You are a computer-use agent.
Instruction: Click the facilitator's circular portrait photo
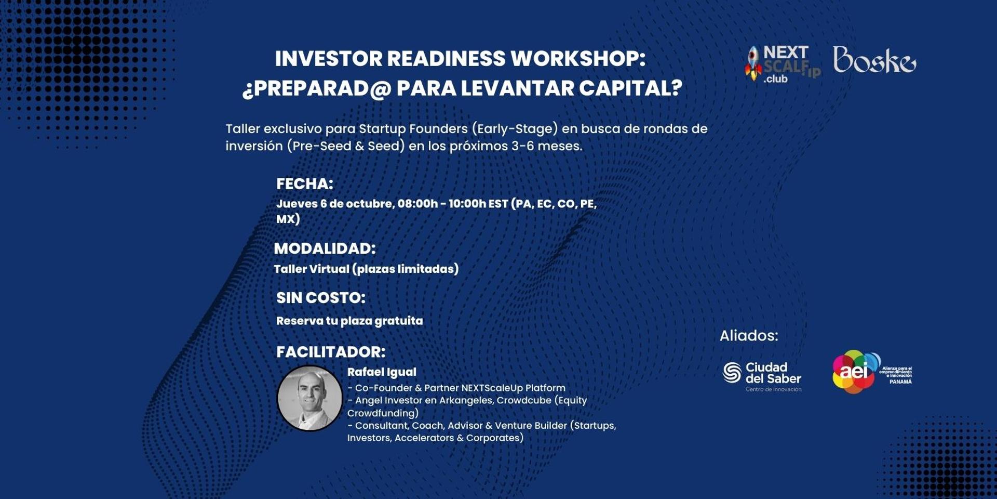click(x=310, y=398)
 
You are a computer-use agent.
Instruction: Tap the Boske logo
click(x=874, y=60)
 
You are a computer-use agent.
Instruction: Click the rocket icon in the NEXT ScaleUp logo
click(x=753, y=63)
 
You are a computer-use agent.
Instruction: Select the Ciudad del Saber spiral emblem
click(x=732, y=372)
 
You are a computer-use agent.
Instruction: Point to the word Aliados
click(x=748, y=336)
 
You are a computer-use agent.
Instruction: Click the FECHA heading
click(x=305, y=183)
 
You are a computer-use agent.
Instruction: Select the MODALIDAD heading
click(x=325, y=248)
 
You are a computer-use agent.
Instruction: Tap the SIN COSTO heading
click(x=321, y=297)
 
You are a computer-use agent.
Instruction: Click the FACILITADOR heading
click(x=331, y=352)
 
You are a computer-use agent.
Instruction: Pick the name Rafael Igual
click(x=382, y=372)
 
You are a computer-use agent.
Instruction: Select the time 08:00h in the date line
click(x=417, y=204)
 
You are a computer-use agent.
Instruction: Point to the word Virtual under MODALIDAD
click(x=329, y=269)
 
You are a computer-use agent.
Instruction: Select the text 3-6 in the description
click(x=523, y=146)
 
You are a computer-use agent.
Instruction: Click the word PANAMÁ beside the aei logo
click(x=900, y=382)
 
